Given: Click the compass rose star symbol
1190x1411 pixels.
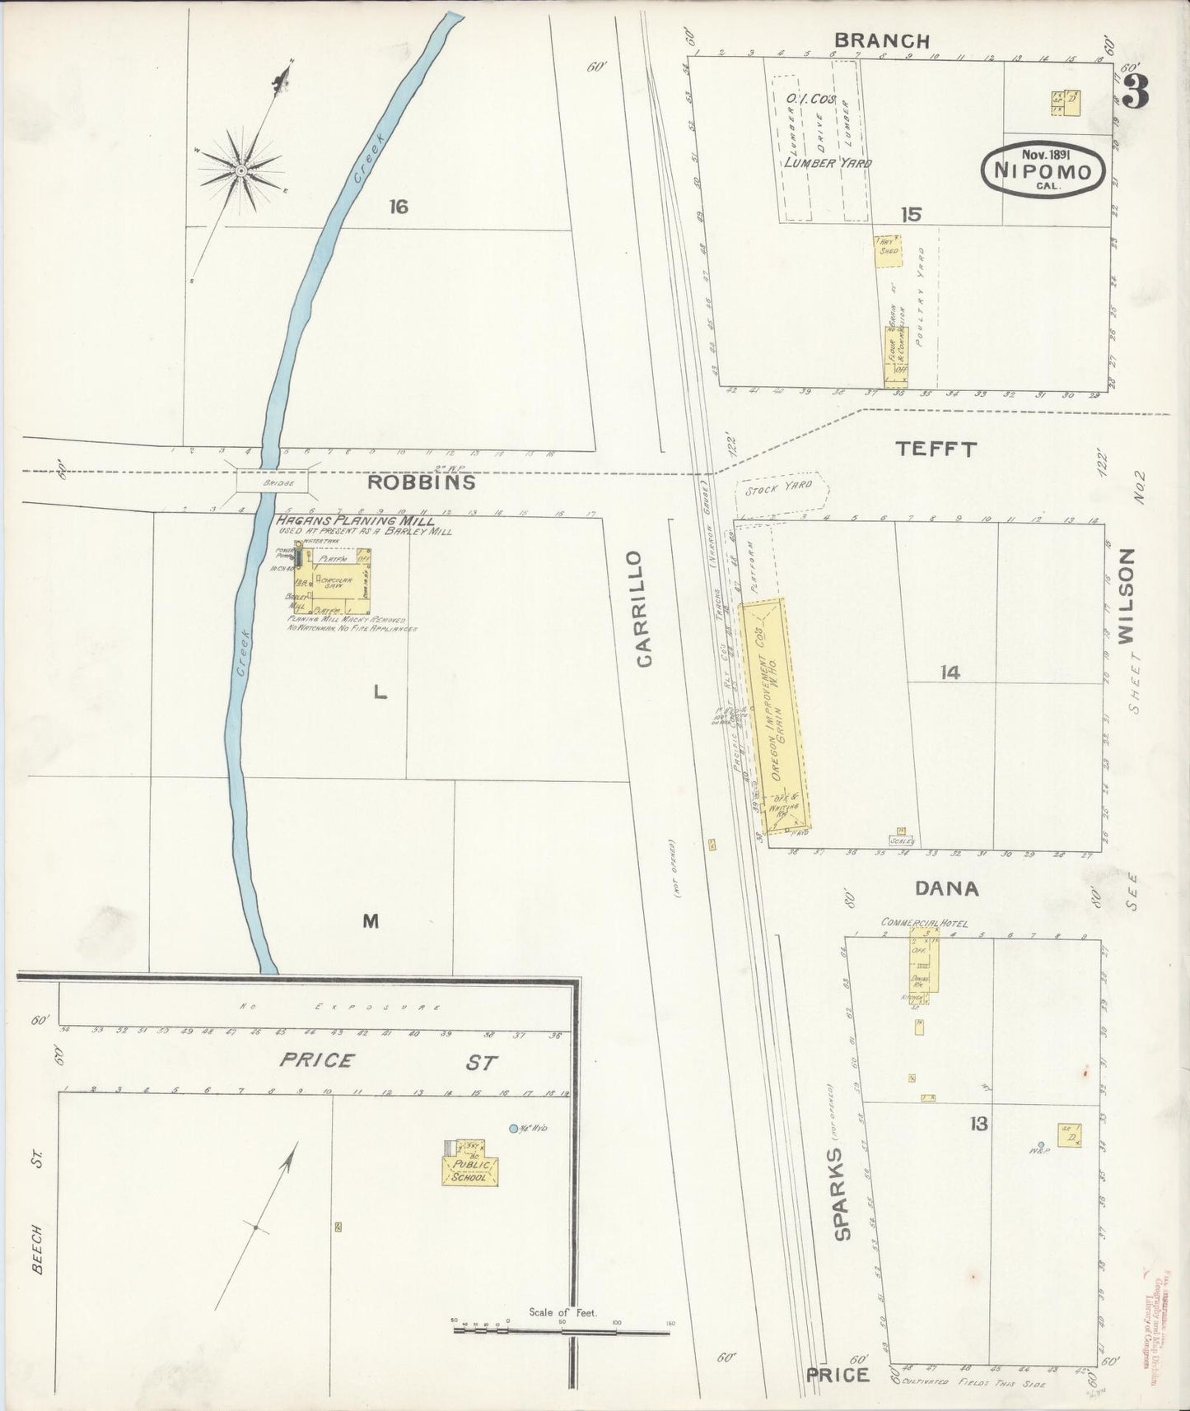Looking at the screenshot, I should click(241, 170).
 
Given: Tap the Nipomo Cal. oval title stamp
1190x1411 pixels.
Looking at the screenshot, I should click(1043, 171).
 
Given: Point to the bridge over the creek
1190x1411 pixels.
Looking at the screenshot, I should click(273, 482).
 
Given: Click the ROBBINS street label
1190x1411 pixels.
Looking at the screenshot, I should click(421, 482).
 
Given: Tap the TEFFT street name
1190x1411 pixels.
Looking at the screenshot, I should click(936, 449).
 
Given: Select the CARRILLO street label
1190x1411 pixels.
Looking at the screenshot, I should click(644, 608).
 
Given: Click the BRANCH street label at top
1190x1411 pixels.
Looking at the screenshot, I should click(881, 40).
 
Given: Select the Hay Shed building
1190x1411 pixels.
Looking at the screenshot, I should click(888, 249).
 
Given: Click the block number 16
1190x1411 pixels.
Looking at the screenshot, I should click(399, 207).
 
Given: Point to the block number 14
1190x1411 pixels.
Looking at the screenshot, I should click(950, 673).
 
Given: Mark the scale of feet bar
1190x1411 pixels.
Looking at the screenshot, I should click(562, 1328).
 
